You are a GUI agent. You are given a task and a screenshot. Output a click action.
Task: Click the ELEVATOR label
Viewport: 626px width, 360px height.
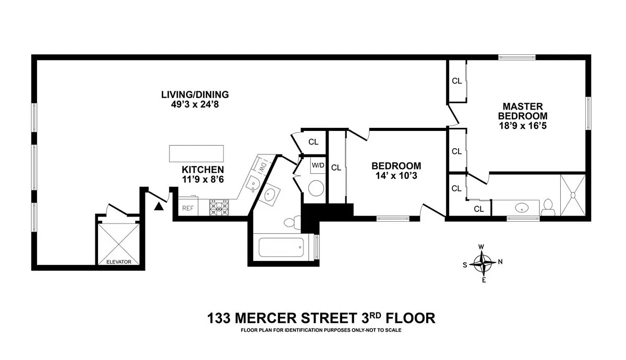click(x=118, y=262)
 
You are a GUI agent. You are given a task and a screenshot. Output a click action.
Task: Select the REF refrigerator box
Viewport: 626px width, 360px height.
click(x=187, y=208)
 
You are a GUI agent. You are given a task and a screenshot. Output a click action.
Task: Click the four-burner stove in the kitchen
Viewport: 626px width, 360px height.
click(x=220, y=208)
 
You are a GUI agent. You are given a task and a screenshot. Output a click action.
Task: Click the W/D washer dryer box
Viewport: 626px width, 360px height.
click(x=318, y=166)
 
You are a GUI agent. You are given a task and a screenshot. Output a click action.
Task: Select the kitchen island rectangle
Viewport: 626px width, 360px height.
click(x=196, y=154)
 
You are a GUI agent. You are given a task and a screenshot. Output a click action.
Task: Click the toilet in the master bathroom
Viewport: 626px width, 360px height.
click(x=548, y=207)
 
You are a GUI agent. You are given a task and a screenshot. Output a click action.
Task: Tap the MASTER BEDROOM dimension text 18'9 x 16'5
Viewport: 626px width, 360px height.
click(x=522, y=126)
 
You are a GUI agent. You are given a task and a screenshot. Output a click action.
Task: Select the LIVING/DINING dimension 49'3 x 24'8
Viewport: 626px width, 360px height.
click(x=195, y=104)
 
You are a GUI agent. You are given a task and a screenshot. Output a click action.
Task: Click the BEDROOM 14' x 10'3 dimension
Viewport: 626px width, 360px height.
click(x=396, y=176)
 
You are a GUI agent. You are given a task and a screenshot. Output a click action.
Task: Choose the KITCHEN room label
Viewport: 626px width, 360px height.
click(x=202, y=170)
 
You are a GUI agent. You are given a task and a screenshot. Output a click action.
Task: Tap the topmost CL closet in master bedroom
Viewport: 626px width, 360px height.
click(x=456, y=81)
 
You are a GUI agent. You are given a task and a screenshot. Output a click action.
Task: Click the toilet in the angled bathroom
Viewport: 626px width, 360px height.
click(x=291, y=222)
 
